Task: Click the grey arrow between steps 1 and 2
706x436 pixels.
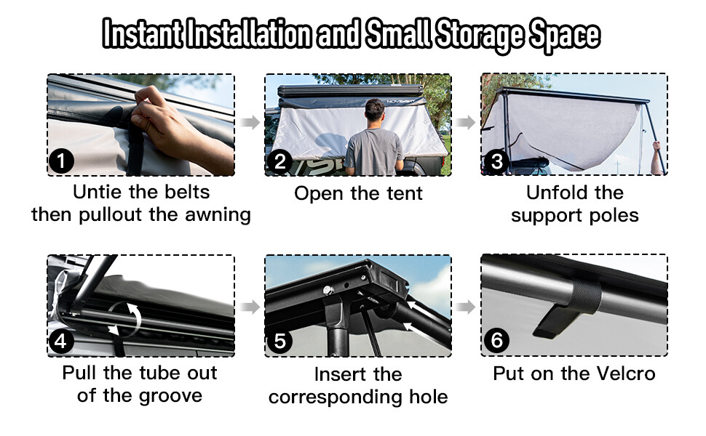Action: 250,122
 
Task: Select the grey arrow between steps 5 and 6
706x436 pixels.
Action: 466,306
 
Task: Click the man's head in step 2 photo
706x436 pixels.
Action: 374,111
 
